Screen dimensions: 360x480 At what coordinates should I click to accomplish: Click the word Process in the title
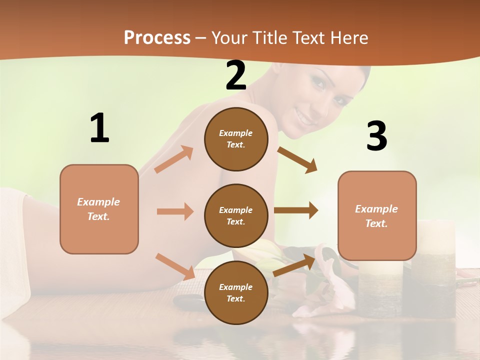click(x=157, y=37)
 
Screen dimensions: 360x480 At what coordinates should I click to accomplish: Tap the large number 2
click(x=236, y=75)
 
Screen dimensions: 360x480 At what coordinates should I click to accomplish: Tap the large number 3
click(x=376, y=136)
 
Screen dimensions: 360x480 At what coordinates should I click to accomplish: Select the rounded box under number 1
click(x=99, y=209)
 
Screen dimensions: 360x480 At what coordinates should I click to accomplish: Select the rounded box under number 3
click(x=377, y=215)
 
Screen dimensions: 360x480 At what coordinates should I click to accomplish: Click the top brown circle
click(x=236, y=139)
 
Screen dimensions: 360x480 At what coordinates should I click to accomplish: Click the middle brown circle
click(x=236, y=215)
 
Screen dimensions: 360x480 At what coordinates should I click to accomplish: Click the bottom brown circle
click(x=236, y=292)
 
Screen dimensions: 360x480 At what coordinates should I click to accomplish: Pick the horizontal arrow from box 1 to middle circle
click(x=175, y=211)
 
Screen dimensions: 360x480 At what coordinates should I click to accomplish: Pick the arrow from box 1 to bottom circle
click(x=175, y=266)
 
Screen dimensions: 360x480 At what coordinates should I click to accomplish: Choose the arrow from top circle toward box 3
click(x=297, y=160)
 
